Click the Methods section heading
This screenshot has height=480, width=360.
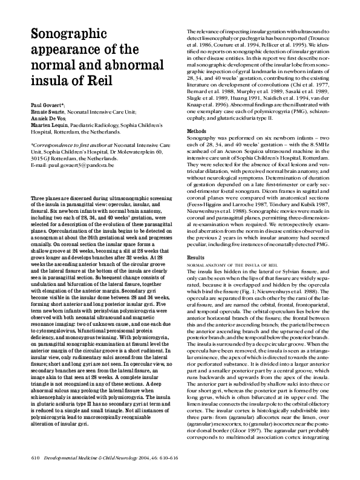(x=197, y=131)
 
